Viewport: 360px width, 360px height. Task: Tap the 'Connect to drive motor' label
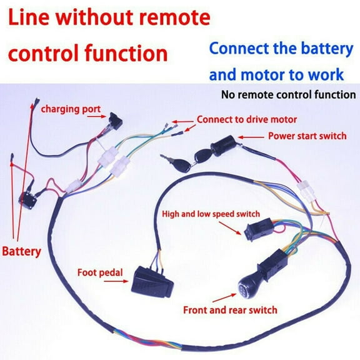pyautogui.click(x=247, y=119)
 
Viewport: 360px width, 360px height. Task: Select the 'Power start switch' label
pyautogui.click(x=305, y=136)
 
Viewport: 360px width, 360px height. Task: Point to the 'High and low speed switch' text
pyautogui.click(x=211, y=214)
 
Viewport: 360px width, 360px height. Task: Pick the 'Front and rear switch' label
pyautogui.click(x=230, y=310)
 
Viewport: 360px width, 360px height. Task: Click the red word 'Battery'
pyautogui.click(x=21, y=252)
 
